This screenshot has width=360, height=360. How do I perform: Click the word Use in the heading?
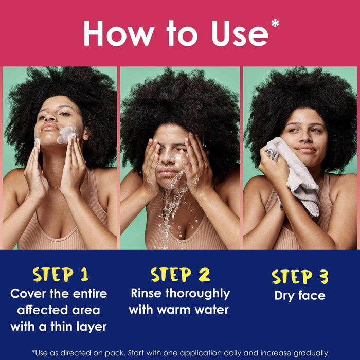point(240,34)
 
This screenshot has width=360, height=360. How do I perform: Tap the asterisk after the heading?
point(275,23)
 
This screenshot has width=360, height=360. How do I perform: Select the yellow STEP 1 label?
point(61,274)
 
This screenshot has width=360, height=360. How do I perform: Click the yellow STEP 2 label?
point(180,274)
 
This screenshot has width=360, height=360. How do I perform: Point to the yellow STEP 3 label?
point(300,277)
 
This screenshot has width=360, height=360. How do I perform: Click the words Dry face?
point(300,296)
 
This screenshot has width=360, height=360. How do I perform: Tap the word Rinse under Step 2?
point(146,293)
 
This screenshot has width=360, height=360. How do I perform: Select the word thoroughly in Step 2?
point(197,294)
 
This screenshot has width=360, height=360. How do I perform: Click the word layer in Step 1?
point(92,327)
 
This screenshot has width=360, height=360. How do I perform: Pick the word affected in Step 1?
point(43,310)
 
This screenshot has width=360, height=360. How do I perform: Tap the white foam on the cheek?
point(67,133)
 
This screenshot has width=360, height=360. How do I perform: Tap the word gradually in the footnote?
point(311,353)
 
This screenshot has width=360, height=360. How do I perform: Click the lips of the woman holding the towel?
point(306,149)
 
